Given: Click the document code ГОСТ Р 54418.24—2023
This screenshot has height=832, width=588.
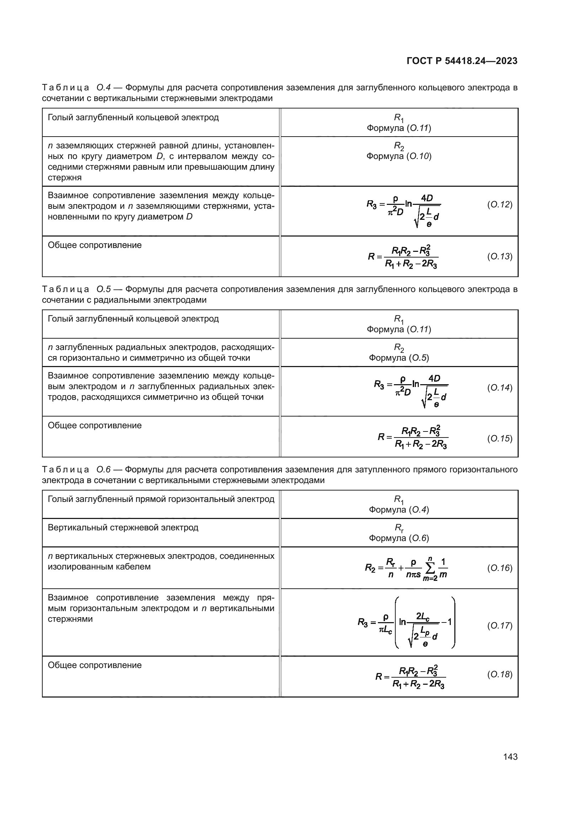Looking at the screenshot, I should (462, 61).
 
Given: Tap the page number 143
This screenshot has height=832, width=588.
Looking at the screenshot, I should (510, 757).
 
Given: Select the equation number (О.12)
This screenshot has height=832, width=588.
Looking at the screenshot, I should (499, 205).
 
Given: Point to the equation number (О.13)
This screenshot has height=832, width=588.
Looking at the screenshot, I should (499, 256).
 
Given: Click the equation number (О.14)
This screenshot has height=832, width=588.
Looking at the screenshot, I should (499, 388).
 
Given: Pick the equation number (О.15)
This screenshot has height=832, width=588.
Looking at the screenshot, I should (499, 439).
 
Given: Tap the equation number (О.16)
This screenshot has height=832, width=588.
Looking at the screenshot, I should (499, 568).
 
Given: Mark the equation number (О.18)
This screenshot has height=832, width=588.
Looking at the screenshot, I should (499, 674).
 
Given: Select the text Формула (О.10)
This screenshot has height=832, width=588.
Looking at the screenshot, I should (399, 156).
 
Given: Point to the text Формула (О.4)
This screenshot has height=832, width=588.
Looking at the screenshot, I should (399, 509).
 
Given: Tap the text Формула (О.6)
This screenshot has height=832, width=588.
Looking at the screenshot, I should (399, 538).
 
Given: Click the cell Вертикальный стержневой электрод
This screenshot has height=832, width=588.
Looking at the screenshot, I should (123, 527).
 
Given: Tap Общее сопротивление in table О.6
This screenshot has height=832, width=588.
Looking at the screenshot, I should (95, 665).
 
